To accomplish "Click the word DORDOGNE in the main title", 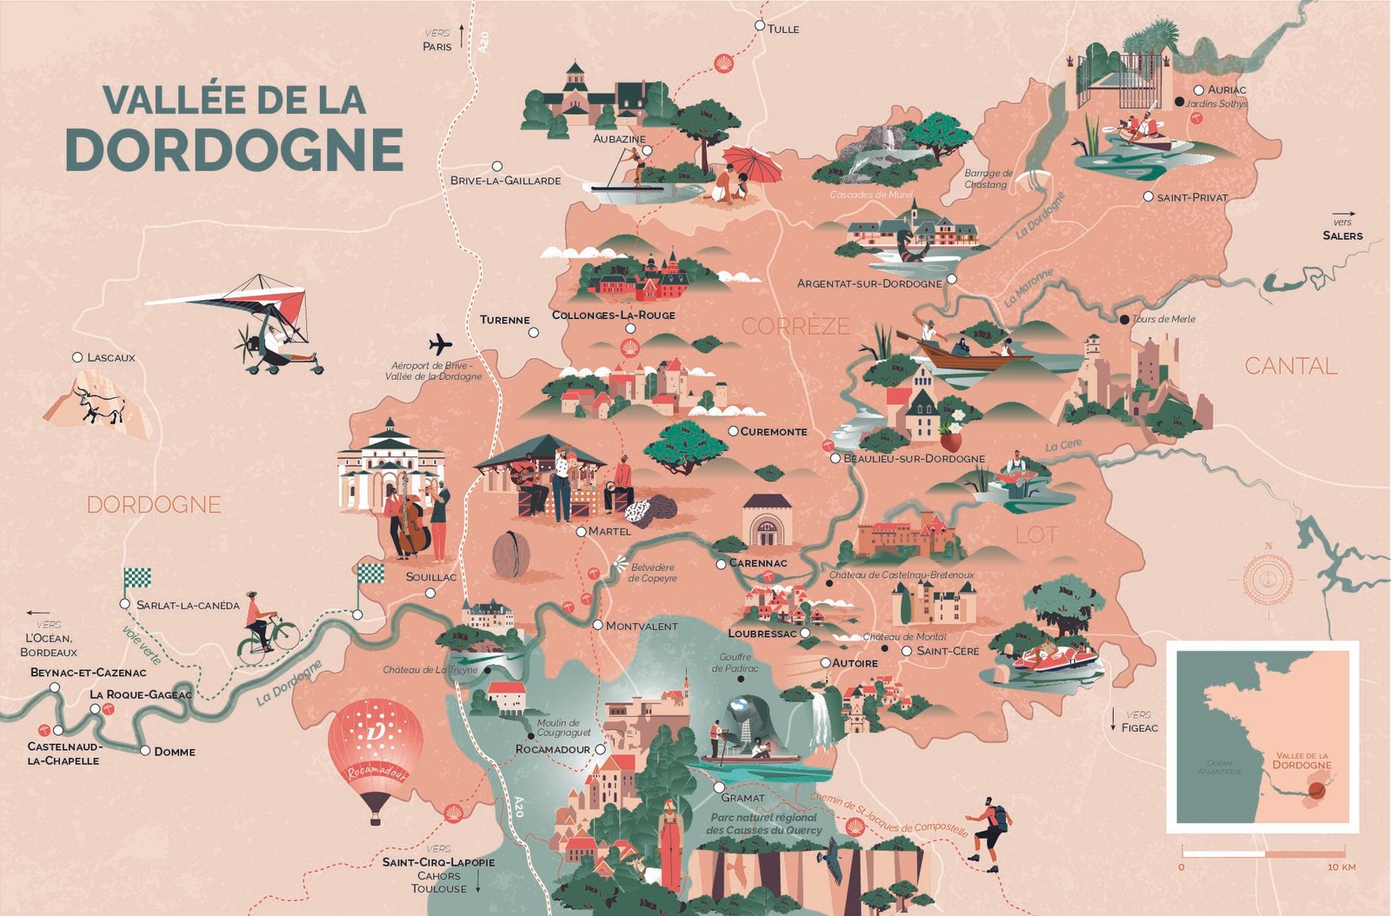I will (234, 149).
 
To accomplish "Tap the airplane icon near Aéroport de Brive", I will (440, 344).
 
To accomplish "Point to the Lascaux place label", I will (110, 357).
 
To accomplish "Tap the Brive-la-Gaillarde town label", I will (505, 181).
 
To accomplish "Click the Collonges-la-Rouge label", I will (613, 315).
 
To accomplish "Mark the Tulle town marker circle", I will (760, 26).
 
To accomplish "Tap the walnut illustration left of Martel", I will (511, 554).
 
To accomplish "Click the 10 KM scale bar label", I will (1341, 866).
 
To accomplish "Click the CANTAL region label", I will (1290, 366).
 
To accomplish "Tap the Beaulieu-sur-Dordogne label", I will (914, 458).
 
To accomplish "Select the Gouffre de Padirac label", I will (735, 663).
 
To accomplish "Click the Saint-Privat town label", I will (1192, 197).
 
